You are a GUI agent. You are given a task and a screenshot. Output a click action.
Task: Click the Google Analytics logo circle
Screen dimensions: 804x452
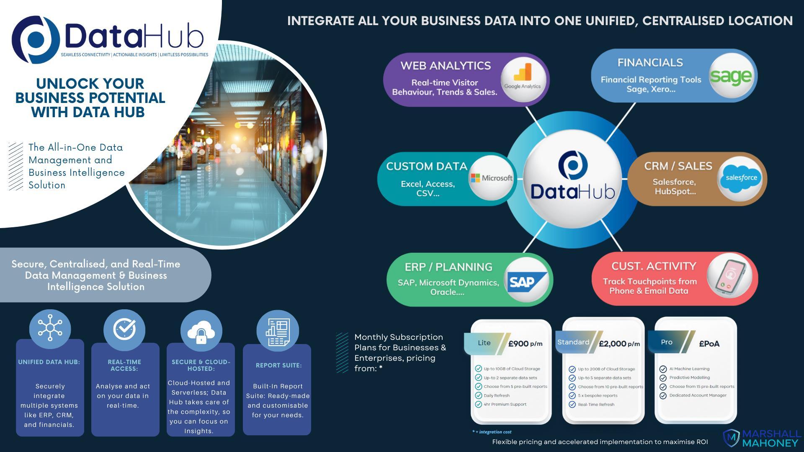click(523, 80)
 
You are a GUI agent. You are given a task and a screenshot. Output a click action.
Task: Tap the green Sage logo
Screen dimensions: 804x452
click(731, 76)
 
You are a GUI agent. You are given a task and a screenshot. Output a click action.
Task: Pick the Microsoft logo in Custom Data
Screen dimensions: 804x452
click(492, 178)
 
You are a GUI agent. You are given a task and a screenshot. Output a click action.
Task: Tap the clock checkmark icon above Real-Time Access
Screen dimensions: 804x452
click(124, 329)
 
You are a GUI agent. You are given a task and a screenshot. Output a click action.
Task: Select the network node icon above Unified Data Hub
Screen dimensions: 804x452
click(50, 328)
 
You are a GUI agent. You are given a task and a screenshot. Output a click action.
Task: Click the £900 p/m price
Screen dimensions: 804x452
click(525, 344)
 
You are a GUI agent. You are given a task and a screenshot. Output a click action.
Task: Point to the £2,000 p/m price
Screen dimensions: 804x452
click(619, 344)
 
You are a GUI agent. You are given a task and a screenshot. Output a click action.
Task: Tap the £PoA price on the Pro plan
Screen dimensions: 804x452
click(709, 344)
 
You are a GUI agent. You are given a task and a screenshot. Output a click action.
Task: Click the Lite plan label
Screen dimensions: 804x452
click(484, 343)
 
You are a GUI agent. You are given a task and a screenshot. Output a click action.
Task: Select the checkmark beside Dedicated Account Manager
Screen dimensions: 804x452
click(663, 395)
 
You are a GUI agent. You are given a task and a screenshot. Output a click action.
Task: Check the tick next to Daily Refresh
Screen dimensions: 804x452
click(478, 395)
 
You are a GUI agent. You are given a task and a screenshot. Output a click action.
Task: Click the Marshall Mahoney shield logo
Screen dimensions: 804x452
click(732, 438)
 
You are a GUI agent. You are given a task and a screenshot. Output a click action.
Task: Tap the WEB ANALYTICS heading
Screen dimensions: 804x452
click(445, 66)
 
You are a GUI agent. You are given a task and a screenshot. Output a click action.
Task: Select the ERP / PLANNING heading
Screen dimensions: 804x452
click(448, 267)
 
